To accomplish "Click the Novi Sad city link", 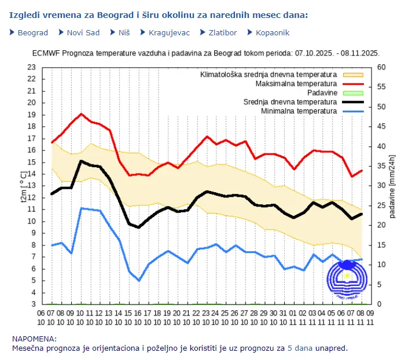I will (x=83, y=33).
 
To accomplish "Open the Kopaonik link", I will (x=272, y=33).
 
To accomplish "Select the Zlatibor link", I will (x=219, y=33).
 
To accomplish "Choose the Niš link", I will (x=124, y=33).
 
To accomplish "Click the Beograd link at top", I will (x=32, y=33).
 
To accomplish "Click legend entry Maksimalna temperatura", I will (x=296, y=84).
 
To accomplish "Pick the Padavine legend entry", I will (x=322, y=93).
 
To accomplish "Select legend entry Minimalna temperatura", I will (x=299, y=111).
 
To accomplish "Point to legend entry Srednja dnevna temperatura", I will (x=290, y=102).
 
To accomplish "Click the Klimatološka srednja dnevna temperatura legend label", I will (x=269, y=75).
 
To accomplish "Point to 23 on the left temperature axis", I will (x=31, y=67).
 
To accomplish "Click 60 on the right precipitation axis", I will (x=381, y=67).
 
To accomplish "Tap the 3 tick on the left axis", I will (x=34, y=304).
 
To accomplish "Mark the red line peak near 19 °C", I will (x=82, y=114).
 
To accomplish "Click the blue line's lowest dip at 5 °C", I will (x=139, y=281).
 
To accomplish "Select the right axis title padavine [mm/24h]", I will (x=392, y=185).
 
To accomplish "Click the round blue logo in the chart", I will (x=347, y=280).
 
